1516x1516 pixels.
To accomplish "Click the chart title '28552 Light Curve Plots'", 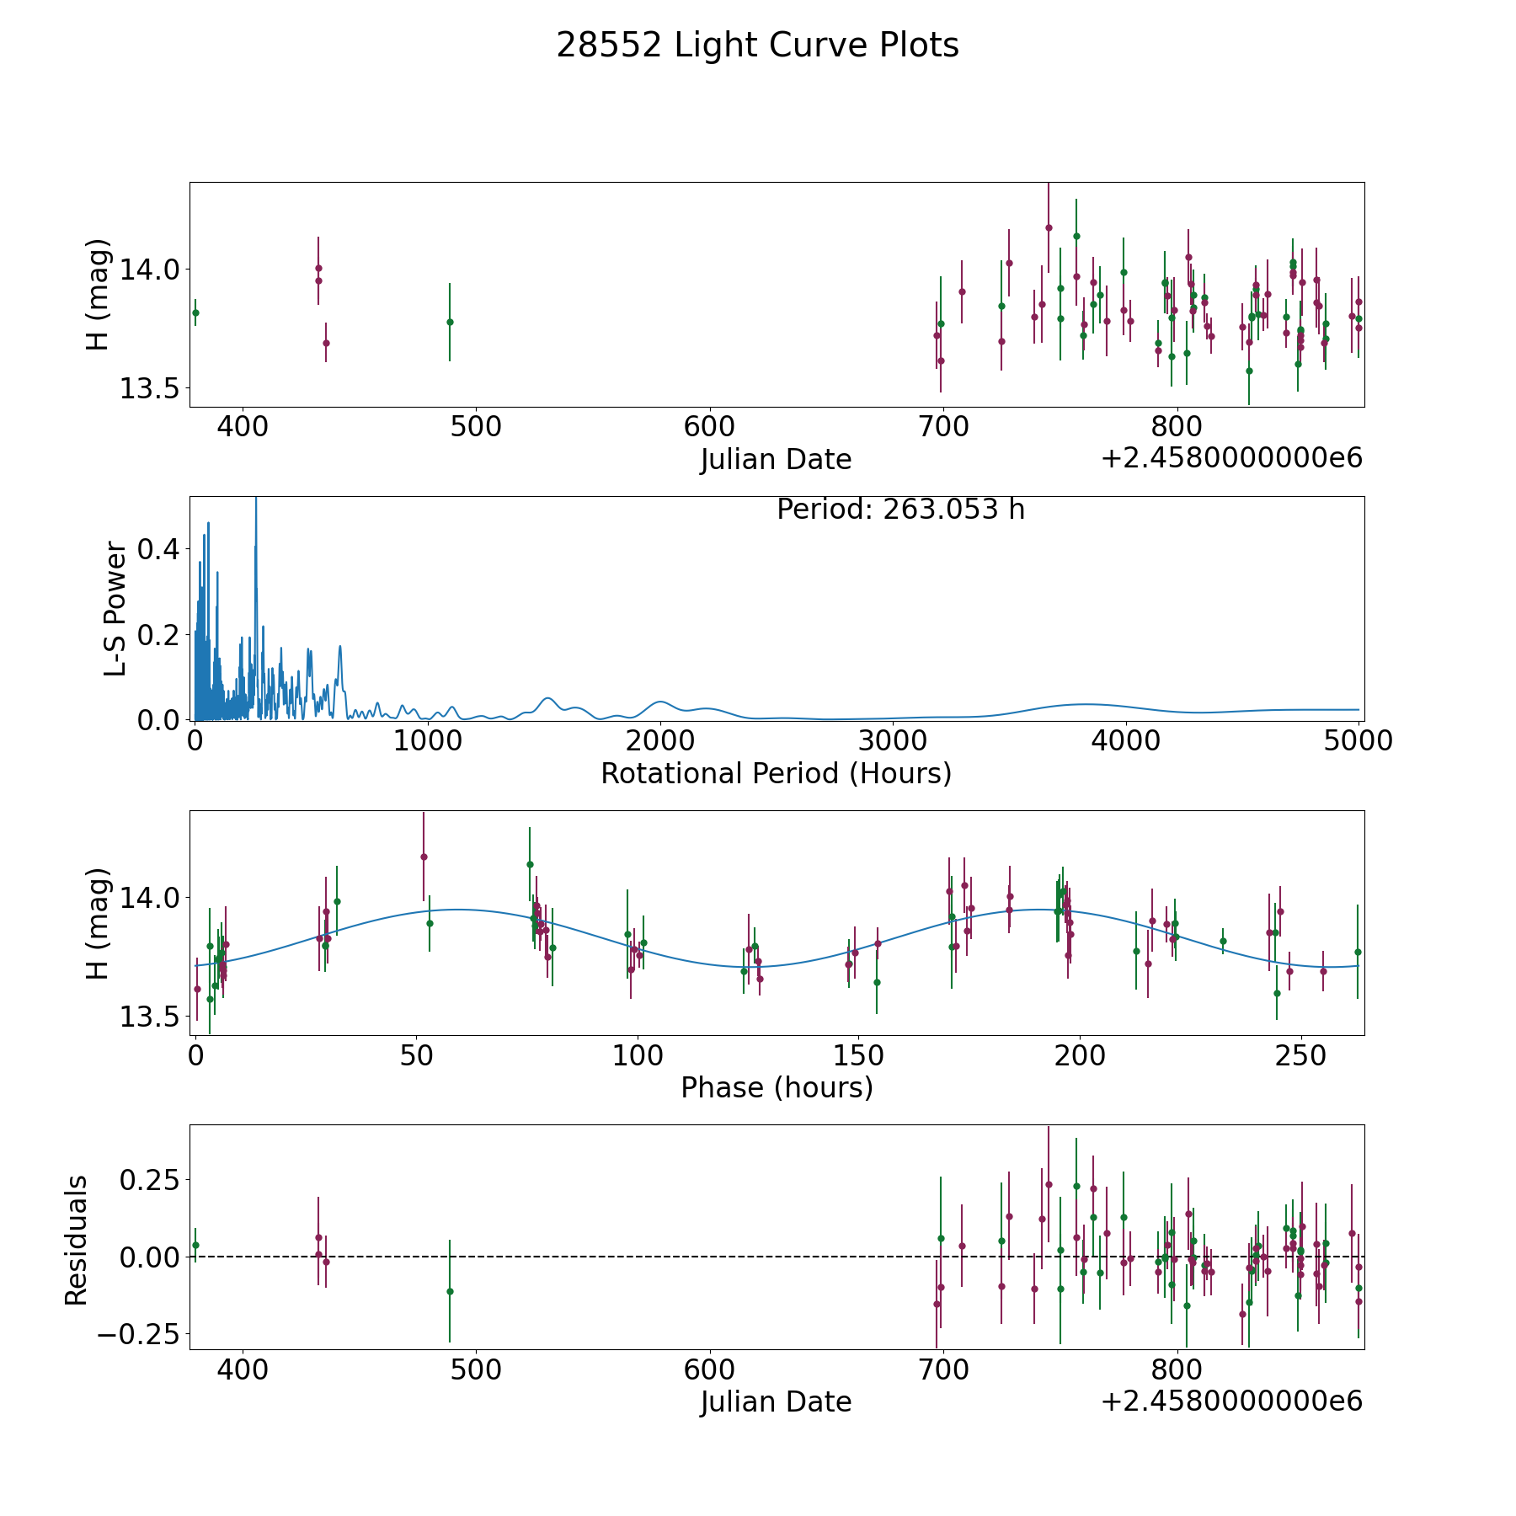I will click(757, 45).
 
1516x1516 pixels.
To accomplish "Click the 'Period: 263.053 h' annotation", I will click(900, 510).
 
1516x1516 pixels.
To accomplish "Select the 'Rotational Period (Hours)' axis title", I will click(776, 773).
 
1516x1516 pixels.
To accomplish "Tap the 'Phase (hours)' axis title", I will click(777, 1087).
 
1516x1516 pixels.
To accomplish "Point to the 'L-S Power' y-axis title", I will click(115, 609).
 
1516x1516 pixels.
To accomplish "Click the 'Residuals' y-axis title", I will click(77, 1241).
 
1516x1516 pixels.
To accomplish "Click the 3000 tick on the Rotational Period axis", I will click(893, 741).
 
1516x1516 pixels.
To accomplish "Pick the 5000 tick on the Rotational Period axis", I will click(1358, 741).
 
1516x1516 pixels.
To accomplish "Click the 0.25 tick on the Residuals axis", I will click(150, 1180).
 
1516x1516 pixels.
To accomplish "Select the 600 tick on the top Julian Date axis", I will click(709, 427).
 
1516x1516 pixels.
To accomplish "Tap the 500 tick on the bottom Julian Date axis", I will click(476, 1369).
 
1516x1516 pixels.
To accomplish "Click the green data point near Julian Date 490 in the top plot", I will click(450, 322).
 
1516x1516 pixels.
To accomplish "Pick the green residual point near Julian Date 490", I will click(450, 1291).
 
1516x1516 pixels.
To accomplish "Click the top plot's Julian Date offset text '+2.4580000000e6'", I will click(1231, 458).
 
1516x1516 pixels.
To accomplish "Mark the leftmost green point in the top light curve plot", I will click(195, 312).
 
